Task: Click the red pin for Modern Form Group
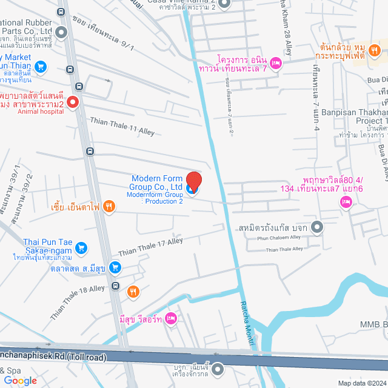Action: tap(193, 181)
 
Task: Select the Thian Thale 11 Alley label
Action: tap(122, 127)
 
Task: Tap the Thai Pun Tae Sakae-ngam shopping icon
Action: tap(82, 247)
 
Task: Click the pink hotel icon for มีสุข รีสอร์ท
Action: tap(172, 317)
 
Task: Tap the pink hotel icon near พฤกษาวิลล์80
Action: tap(346, 202)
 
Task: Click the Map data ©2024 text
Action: tap(361, 383)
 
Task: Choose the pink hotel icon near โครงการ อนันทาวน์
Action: tap(275, 62)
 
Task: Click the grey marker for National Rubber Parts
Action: tap(61, 31)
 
